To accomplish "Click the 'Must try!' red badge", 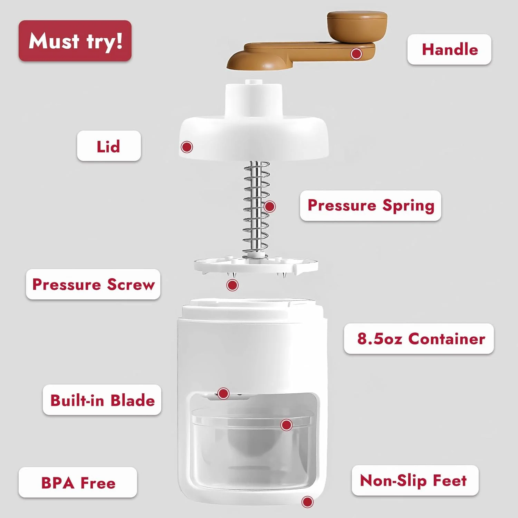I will coord(75,41).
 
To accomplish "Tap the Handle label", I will coord(449,49).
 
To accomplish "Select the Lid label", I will coord(109,146).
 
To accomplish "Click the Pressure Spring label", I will coord(371,205).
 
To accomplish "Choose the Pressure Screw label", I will coord(93,284).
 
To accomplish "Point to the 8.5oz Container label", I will coord(419,338).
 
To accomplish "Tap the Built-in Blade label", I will coord(102,400).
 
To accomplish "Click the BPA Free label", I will coord(78,482).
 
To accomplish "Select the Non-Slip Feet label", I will coord(415,480).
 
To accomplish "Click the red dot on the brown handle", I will coord(356,54).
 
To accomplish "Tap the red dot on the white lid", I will coord(187,147).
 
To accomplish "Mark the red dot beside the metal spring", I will coord(270,207).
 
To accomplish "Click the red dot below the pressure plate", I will coord(232,285).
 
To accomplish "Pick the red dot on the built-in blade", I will coord(223,393).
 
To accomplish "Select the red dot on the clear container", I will coord(286,425).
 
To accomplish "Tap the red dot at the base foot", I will coord(307,502).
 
